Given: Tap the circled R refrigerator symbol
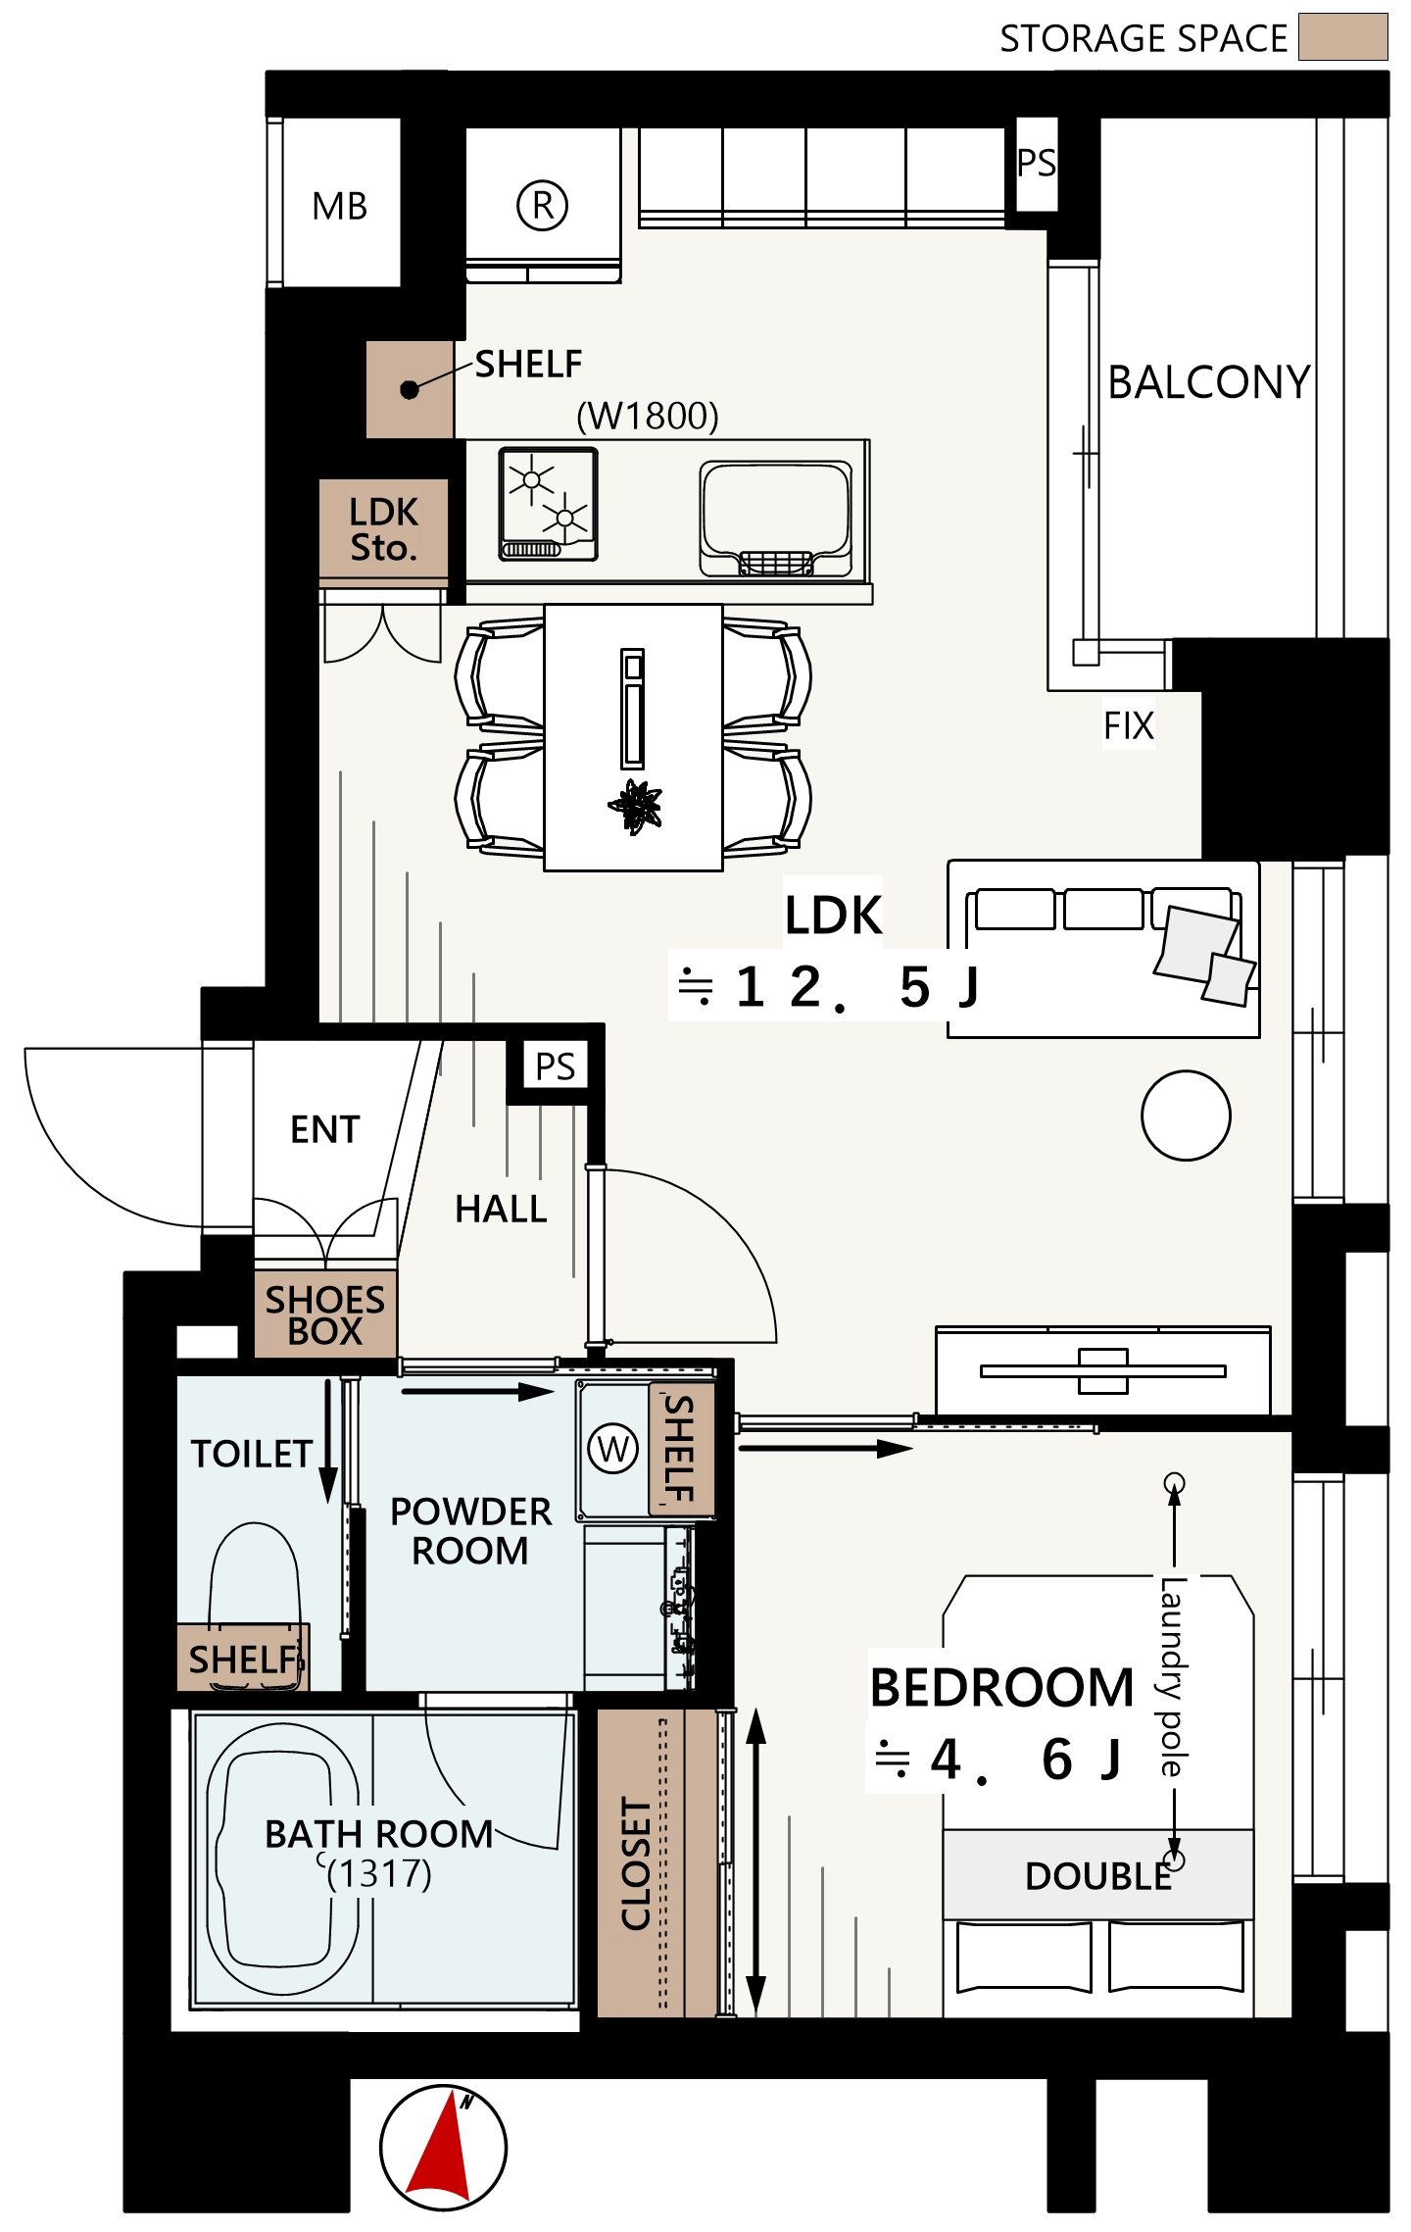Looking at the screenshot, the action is [x=542, y=206].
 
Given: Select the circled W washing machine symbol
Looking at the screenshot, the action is [x=613, y=1448].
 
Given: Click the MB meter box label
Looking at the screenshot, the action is [x=339, y=207].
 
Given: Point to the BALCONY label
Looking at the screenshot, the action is [x=1209, y=382].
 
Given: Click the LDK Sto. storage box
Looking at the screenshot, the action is [x=384, y=528].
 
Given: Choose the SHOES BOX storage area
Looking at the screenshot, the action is [x=325, y=1314].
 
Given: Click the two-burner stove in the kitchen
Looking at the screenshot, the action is [x=549, y=504].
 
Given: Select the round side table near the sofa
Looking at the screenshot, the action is [x=1186, y=1116].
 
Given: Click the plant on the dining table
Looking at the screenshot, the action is [x=636, y=807].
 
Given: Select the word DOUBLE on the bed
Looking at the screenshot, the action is [x=1098, y=1876].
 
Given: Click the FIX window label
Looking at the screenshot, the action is [x=1129, y=726].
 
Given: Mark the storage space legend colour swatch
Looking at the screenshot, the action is [x=1342, y=37].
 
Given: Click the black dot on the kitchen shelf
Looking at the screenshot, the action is [x=410, y=390].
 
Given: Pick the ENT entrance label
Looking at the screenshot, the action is [x=325, y=1130].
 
